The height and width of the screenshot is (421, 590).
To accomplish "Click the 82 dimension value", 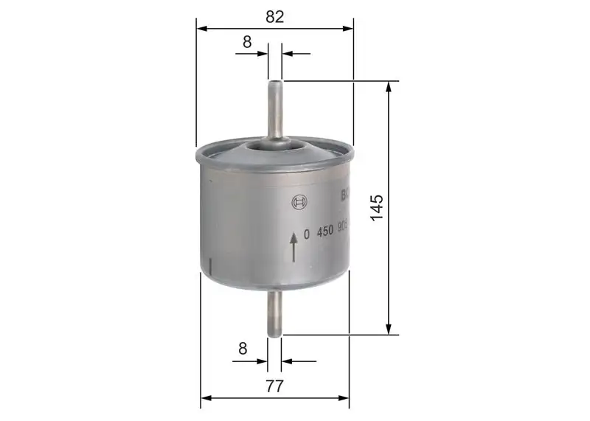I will pyautogui.click(x=275, y=16).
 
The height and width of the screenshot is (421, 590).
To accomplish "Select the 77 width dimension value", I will pyautogui.click(x=275, y=386).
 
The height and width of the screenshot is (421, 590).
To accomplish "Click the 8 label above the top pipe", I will pyautogui.click(x=247, y=42).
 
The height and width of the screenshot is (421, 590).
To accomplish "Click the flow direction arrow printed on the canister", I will pyautogui.click(x=294, y=246).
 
